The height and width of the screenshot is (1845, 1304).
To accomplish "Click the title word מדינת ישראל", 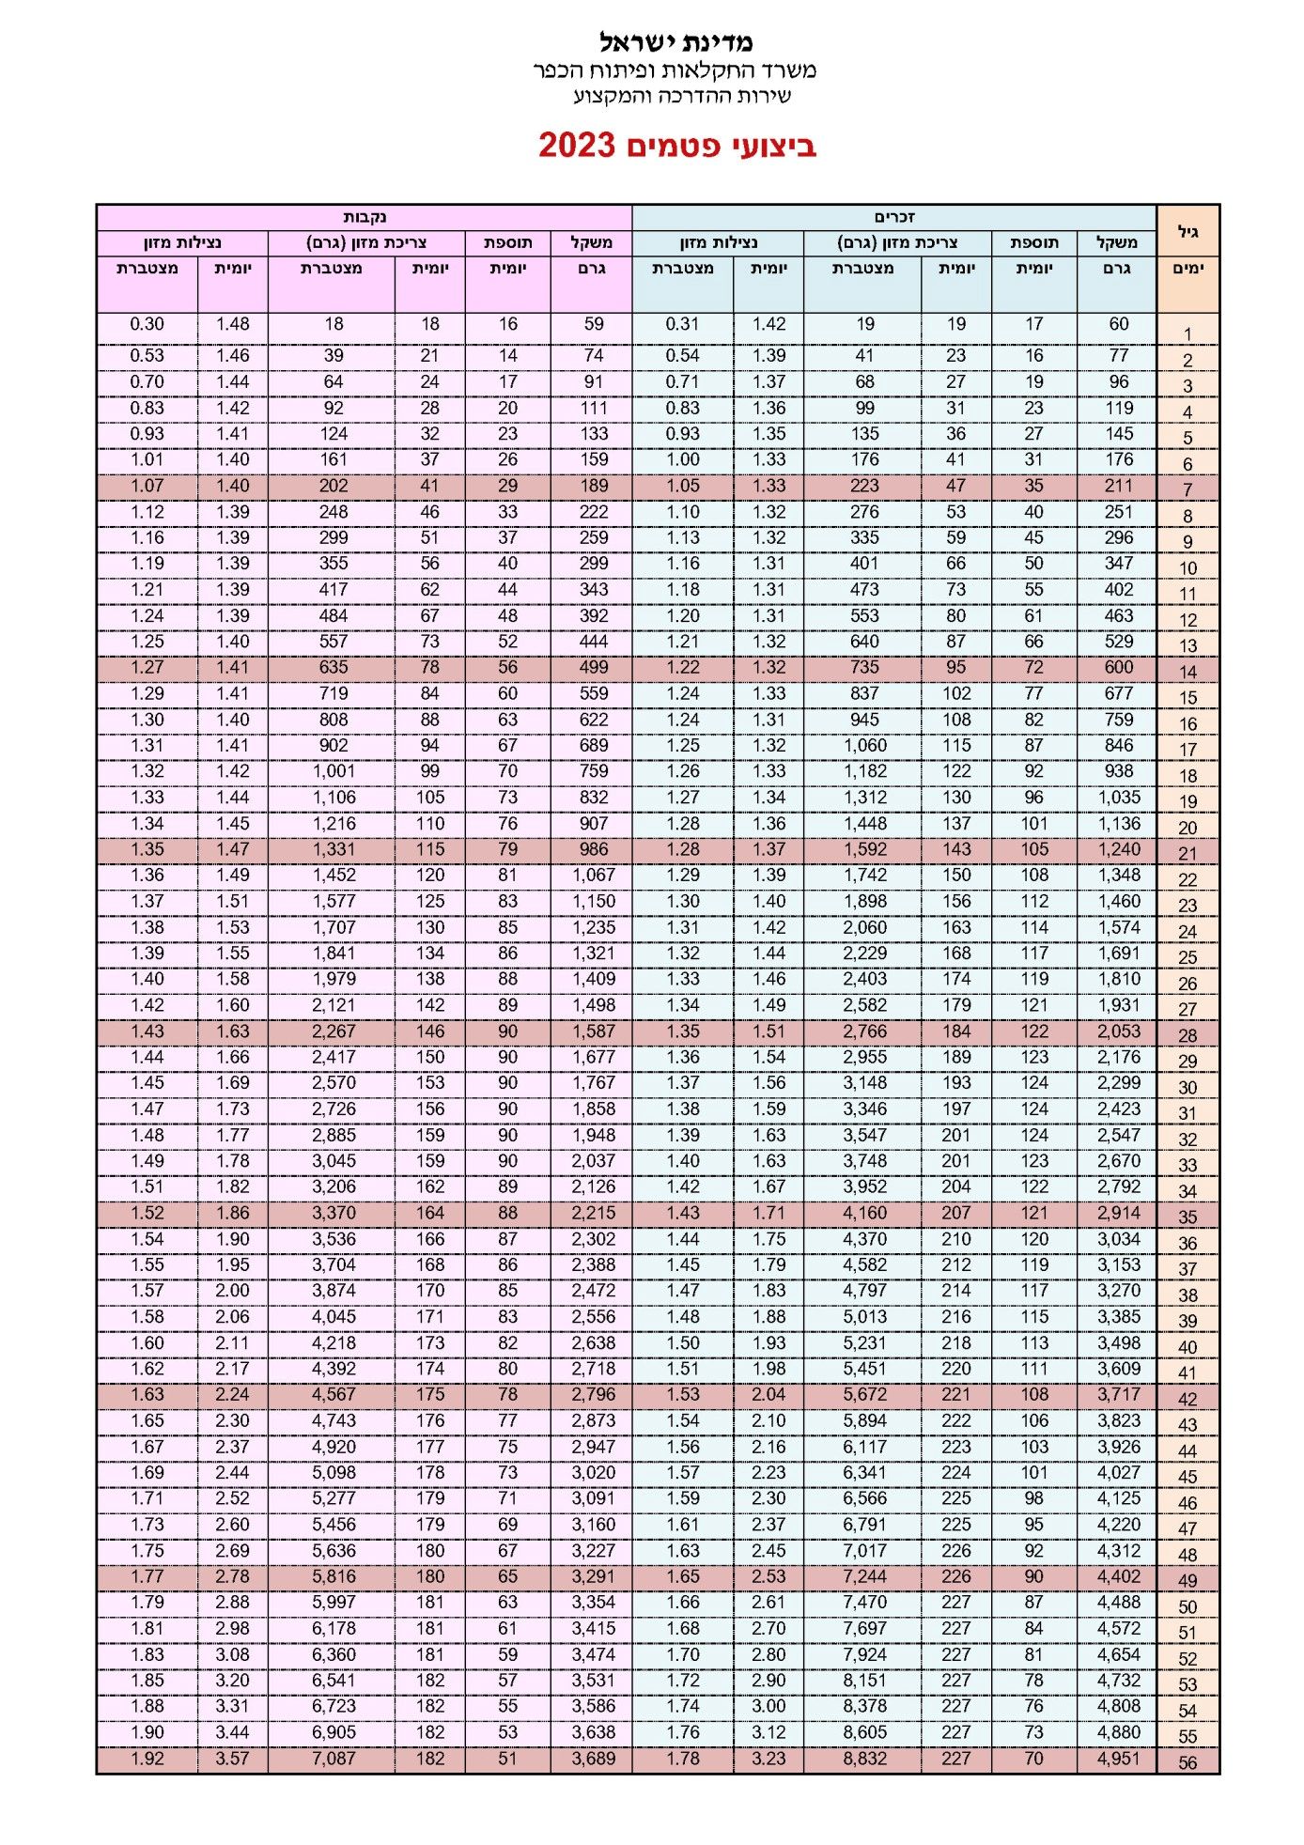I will point(675,41).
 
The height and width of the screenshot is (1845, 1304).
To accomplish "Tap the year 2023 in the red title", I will point(576,146).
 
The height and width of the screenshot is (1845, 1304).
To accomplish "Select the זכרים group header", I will point(893,217).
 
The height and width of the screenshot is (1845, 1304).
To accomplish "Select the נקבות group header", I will point(365,217).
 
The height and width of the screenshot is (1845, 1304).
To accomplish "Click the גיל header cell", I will point(1188,231).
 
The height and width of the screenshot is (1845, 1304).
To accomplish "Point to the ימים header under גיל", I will point(1188,269).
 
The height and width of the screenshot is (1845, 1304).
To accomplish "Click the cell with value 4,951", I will point(1117,1758).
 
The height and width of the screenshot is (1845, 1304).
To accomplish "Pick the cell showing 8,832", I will point(864,1758).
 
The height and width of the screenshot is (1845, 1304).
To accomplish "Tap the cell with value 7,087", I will point(334,1758).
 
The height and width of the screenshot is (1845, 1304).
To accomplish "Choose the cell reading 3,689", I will point(593,1758).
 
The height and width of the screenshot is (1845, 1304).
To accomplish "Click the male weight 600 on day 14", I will point(1118,667).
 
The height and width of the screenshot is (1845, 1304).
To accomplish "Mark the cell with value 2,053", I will point(1118,1031).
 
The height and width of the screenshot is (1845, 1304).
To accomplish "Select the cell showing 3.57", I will point(232,1758).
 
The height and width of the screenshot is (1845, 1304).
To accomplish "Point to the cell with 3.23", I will point(768,1758).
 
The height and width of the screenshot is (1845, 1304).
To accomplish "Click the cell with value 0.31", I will point(682,324).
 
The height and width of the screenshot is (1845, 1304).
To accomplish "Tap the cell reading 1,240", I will point(1118,849).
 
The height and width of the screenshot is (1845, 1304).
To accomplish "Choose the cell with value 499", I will point(593,667).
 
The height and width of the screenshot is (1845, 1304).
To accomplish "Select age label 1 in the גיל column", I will point(1188,334).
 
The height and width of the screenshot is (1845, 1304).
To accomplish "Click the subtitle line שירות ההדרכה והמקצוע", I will point(682,96).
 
